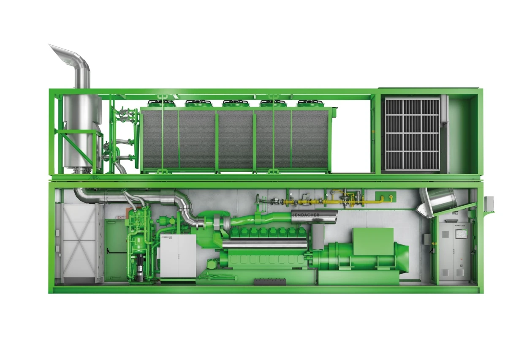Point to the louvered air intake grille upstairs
[x=412, y=134]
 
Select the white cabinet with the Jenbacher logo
[x=177, y=256]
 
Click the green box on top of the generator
[x=373, y=241]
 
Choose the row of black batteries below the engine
[x=269, y=281]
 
